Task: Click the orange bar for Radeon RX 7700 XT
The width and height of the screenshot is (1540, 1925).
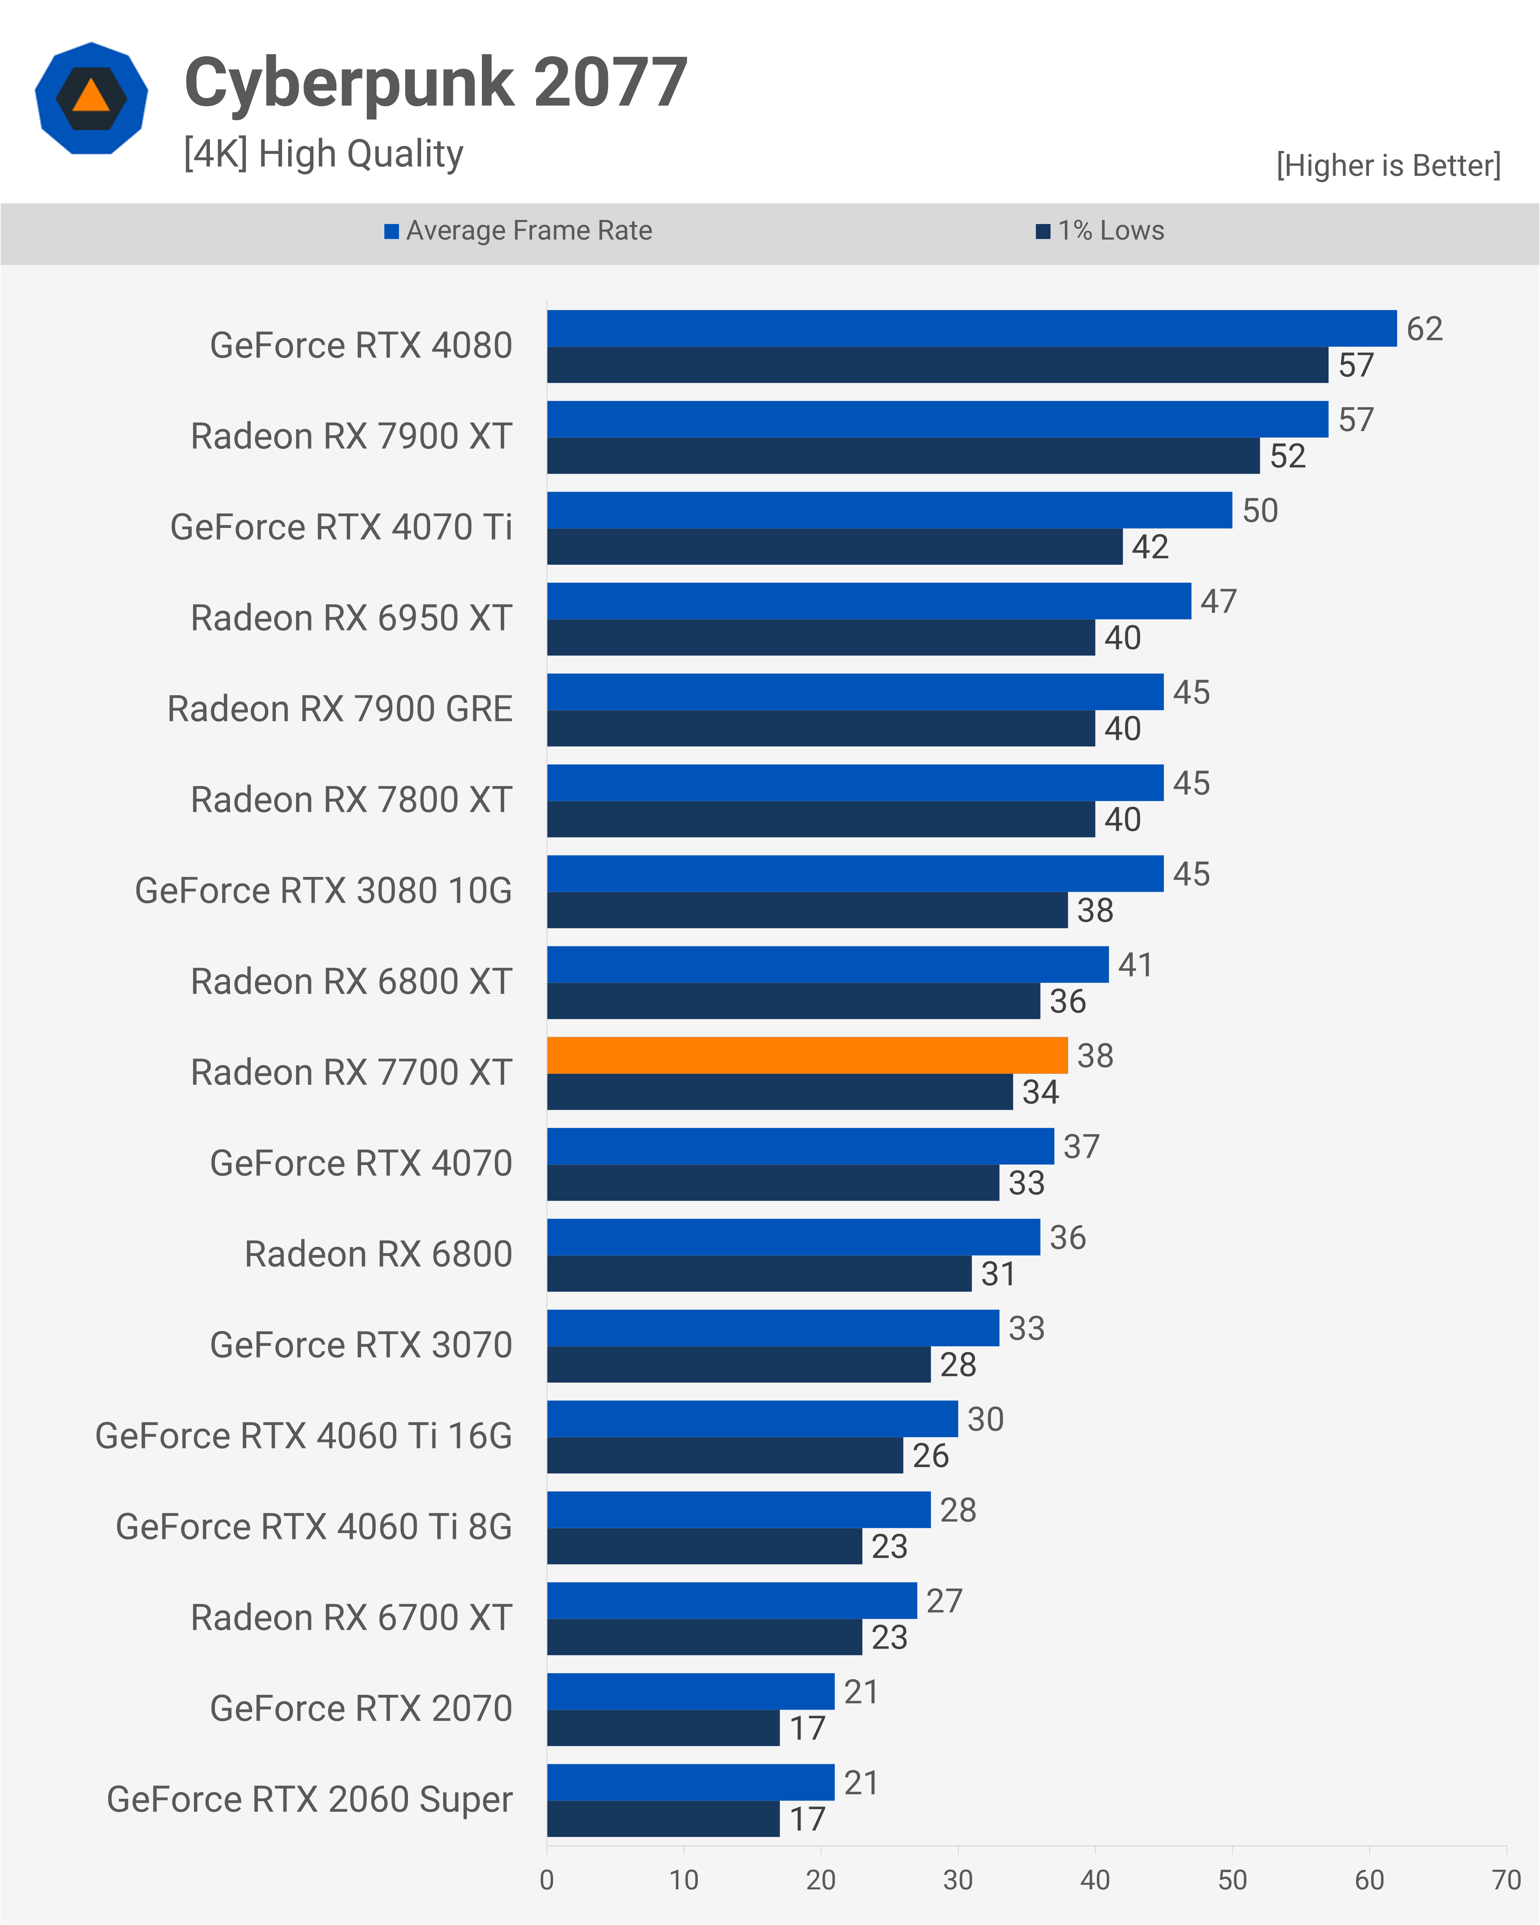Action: coord(807,1055)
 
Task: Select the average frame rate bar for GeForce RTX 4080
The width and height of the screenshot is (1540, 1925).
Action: coord(971,329)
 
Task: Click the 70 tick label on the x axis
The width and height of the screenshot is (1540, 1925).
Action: coord(1506,1879)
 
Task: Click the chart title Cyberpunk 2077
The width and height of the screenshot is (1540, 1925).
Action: coord(436,83)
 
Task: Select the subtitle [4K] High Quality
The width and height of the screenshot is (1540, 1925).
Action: coord(323,153)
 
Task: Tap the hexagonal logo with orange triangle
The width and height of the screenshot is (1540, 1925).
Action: coord(91,98)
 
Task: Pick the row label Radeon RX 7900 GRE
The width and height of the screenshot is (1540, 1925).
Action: coord(340,709)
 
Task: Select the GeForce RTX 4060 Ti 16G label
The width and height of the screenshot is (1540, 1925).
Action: coord(303,1436)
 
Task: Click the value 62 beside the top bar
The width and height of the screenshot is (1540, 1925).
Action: coord(1424,329)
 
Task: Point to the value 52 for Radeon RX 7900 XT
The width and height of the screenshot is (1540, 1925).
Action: coord(1287,456)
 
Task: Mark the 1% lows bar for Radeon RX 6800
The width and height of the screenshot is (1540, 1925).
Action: coord(759,1273)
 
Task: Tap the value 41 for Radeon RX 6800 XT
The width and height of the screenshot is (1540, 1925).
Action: coord(1135,964)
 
